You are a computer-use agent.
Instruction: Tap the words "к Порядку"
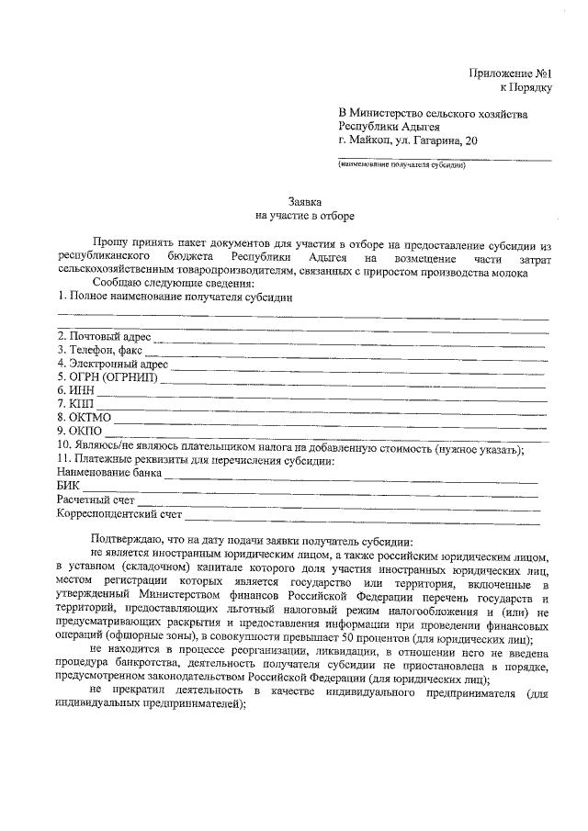525,87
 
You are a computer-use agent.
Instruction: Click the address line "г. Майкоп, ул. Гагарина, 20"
408,141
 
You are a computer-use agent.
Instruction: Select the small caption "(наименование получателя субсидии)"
401,166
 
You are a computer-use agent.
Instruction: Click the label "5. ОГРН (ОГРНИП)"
107,377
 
